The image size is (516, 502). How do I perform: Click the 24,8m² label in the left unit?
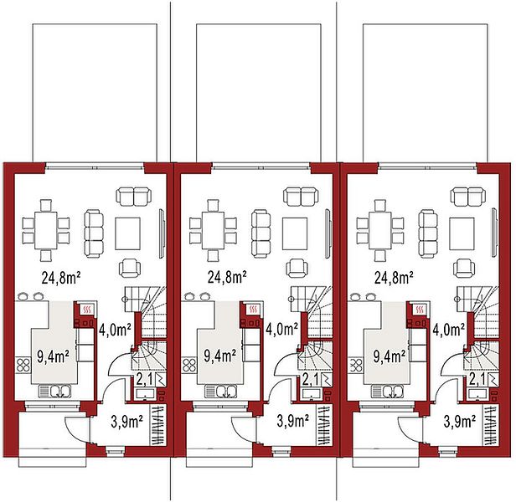(x=61, y=278)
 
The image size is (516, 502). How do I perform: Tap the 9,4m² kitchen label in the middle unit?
(x=219, y=356)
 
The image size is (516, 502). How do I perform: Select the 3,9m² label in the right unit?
(x=460, y=422)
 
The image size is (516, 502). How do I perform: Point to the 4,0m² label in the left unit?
(x=115, y=330)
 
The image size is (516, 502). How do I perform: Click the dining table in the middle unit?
(x=213, y=230)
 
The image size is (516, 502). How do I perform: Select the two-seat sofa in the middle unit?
(x=301, y=197)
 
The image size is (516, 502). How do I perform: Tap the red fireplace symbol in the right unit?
(x=419, y=310)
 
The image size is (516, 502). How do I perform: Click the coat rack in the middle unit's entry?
(x=323, y=425)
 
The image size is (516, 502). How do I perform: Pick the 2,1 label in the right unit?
(x=476, y=380)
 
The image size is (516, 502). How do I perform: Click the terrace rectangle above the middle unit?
(x=259, y=93)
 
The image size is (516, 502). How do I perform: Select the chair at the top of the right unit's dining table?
(x=380, y=205)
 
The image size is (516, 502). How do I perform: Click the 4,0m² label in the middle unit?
(x=281, y=330)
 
